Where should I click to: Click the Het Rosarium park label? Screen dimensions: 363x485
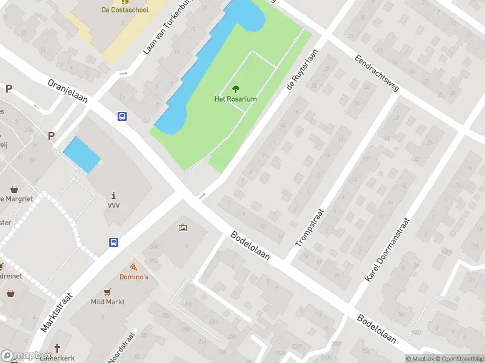pos(235,99)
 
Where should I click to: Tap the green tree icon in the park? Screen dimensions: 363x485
pos(235,89)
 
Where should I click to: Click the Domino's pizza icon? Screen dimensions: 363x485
pos(133,267)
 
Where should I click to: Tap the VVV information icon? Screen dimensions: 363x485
pos(114,195)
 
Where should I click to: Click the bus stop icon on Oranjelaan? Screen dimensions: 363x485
pos(122,117)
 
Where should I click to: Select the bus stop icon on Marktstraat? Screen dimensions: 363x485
pos(113,242)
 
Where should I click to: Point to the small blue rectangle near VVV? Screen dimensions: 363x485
pos(82,154)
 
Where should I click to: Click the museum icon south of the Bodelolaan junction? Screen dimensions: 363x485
pos(182,227)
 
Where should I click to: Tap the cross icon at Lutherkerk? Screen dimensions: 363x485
pos(58,348)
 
